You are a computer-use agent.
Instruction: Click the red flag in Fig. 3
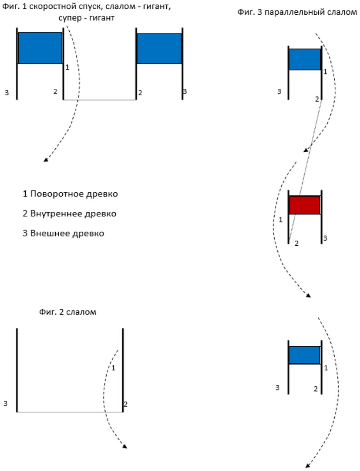[x=305, y=205]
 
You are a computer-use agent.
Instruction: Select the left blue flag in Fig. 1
[x=40, y=48]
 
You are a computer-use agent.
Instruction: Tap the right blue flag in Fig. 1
[x=159, y=48]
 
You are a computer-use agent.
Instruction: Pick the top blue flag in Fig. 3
[x=305, y=59]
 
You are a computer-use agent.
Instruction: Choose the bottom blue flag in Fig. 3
[x=304, y=355]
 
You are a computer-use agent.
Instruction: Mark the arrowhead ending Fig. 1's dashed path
[x=45, y=160]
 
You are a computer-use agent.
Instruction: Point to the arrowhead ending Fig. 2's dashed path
[x=125, y=447]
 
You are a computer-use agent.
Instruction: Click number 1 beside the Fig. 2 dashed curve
[x=113, y=368]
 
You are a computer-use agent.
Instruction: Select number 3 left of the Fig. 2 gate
[x=5, y=403]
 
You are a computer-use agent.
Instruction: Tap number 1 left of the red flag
[x=281, y=220]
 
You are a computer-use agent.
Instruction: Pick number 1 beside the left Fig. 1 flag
[x=67, y=67]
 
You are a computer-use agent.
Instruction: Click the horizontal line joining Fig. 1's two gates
[x=100, y=100]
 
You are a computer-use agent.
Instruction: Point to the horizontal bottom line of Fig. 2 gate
[x=70, y=411]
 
